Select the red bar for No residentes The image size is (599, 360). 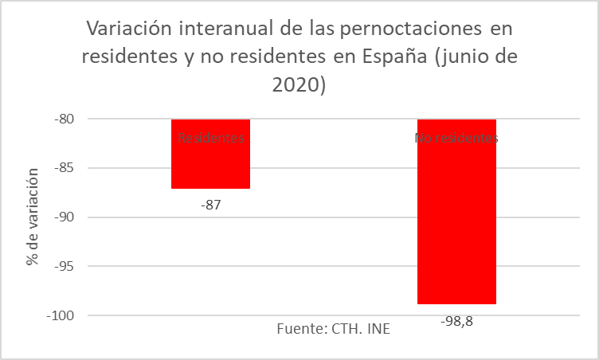[x=456, y=223]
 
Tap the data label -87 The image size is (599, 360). [x=210, y=205]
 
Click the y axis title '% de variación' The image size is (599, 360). [x=33, y=217]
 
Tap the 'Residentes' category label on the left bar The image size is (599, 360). [x=211, y=138]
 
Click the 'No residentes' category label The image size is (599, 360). [x=456, y=138]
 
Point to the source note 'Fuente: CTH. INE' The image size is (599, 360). [x=334, y=329]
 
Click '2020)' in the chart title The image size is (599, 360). [x=299, y=85]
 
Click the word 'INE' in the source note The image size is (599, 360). [x=379, y=329]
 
